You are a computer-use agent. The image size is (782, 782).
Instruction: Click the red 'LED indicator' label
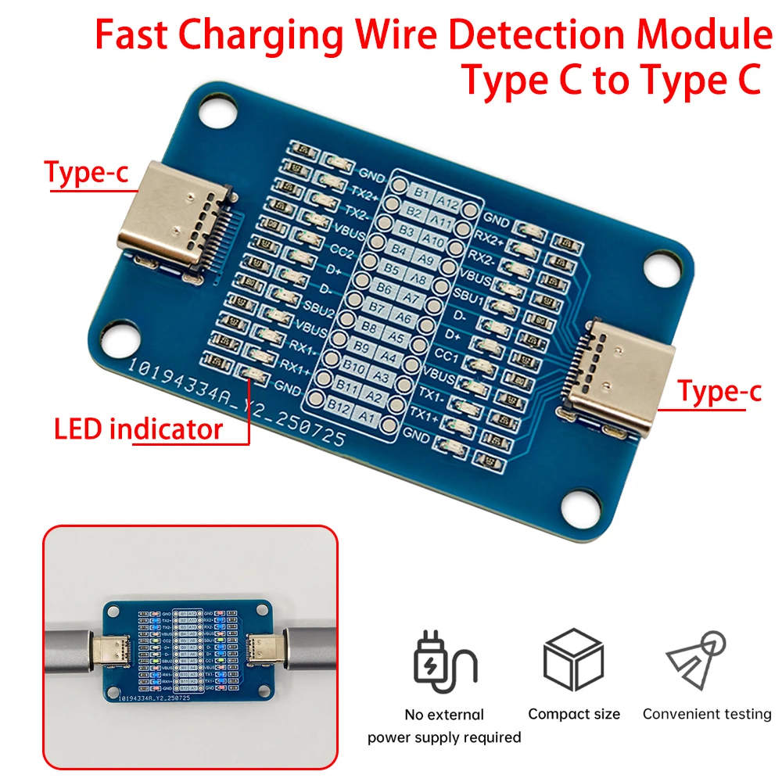tap(138, 429)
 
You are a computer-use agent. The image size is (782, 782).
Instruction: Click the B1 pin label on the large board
tap(423, 192)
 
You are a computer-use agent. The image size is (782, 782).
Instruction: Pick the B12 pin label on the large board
tap(338, 407)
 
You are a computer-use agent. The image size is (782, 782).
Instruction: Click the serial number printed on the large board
tap(235, 403)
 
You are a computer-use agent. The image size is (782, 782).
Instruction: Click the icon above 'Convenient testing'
tap(701, 659)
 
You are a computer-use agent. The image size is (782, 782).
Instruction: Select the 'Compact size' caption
tap(574, 714)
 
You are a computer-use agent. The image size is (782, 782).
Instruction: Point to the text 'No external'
tap(443, 715)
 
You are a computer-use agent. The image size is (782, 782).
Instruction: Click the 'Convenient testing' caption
tap(707, 714)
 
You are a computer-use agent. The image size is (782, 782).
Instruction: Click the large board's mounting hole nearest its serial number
tap(120, 335)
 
